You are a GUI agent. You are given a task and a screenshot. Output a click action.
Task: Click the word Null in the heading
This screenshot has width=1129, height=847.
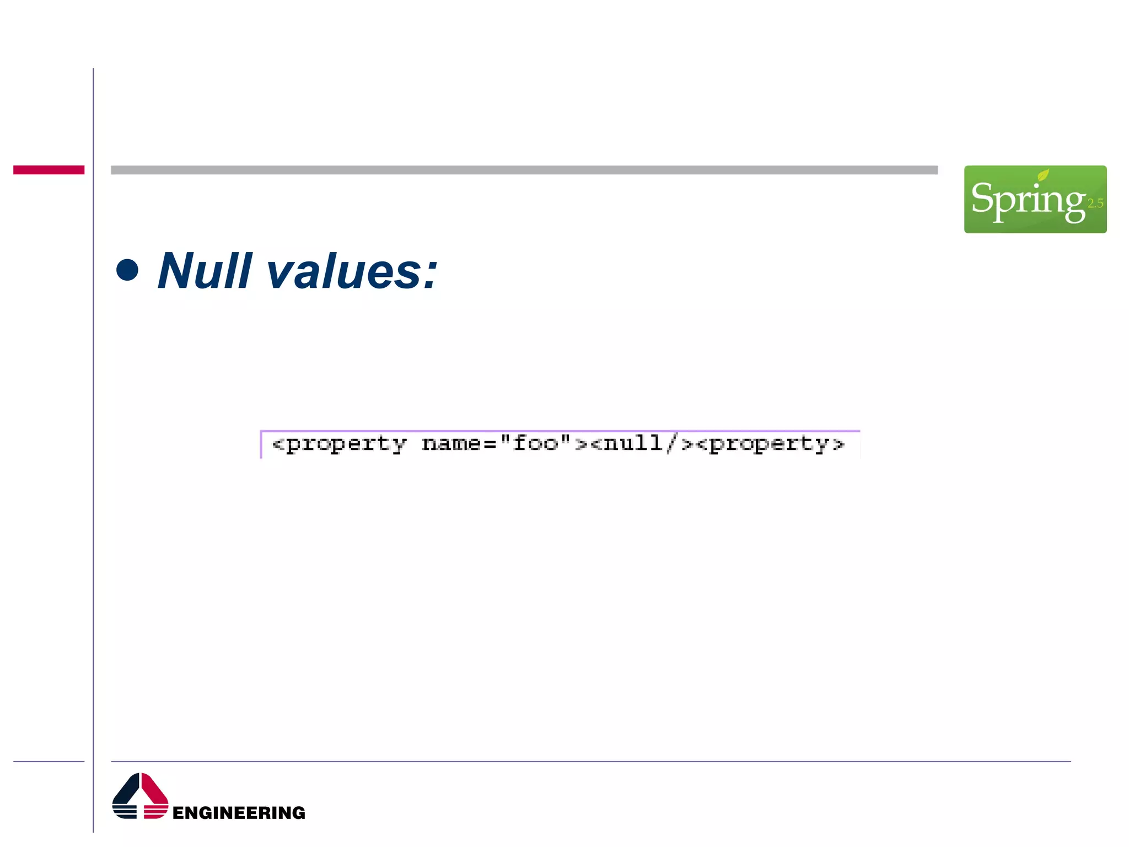click(205, 271)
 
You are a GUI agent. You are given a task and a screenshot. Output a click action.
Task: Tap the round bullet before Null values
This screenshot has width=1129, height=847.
click(127, 270)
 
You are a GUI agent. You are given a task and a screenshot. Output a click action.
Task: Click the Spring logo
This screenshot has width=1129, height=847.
click(1035, 199)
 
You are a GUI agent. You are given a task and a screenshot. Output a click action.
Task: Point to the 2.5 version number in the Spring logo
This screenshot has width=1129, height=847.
click(1095, 203)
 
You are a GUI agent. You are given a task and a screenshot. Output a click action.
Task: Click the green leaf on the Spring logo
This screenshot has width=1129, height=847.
click(1043, 175)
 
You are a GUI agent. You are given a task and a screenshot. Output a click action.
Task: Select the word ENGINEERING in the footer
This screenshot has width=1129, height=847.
click(239, 812)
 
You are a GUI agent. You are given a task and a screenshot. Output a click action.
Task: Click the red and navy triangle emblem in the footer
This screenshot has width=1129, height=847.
click(140, 796)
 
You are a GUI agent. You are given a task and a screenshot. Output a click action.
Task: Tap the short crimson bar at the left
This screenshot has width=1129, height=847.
click(49, 170)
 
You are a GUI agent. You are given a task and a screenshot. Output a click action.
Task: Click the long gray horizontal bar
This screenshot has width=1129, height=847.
click(524, 170)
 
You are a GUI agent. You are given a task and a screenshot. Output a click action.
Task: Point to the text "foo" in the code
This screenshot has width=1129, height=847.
click(536, 443)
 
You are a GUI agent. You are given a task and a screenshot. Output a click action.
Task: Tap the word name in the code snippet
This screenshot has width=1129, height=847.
click(451, 443)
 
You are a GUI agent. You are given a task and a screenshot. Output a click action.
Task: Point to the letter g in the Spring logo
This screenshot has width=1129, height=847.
click(1074, 203)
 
